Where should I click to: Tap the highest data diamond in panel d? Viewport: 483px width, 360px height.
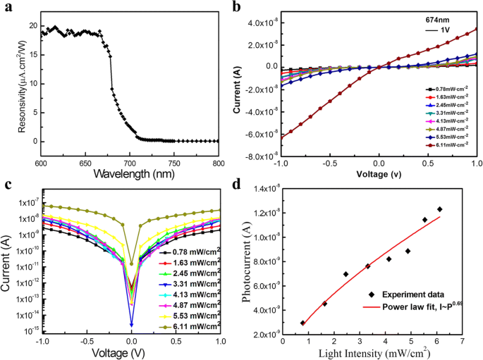[x=440, y=209]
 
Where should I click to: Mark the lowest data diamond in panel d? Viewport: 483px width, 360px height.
[x=302, y=323]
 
